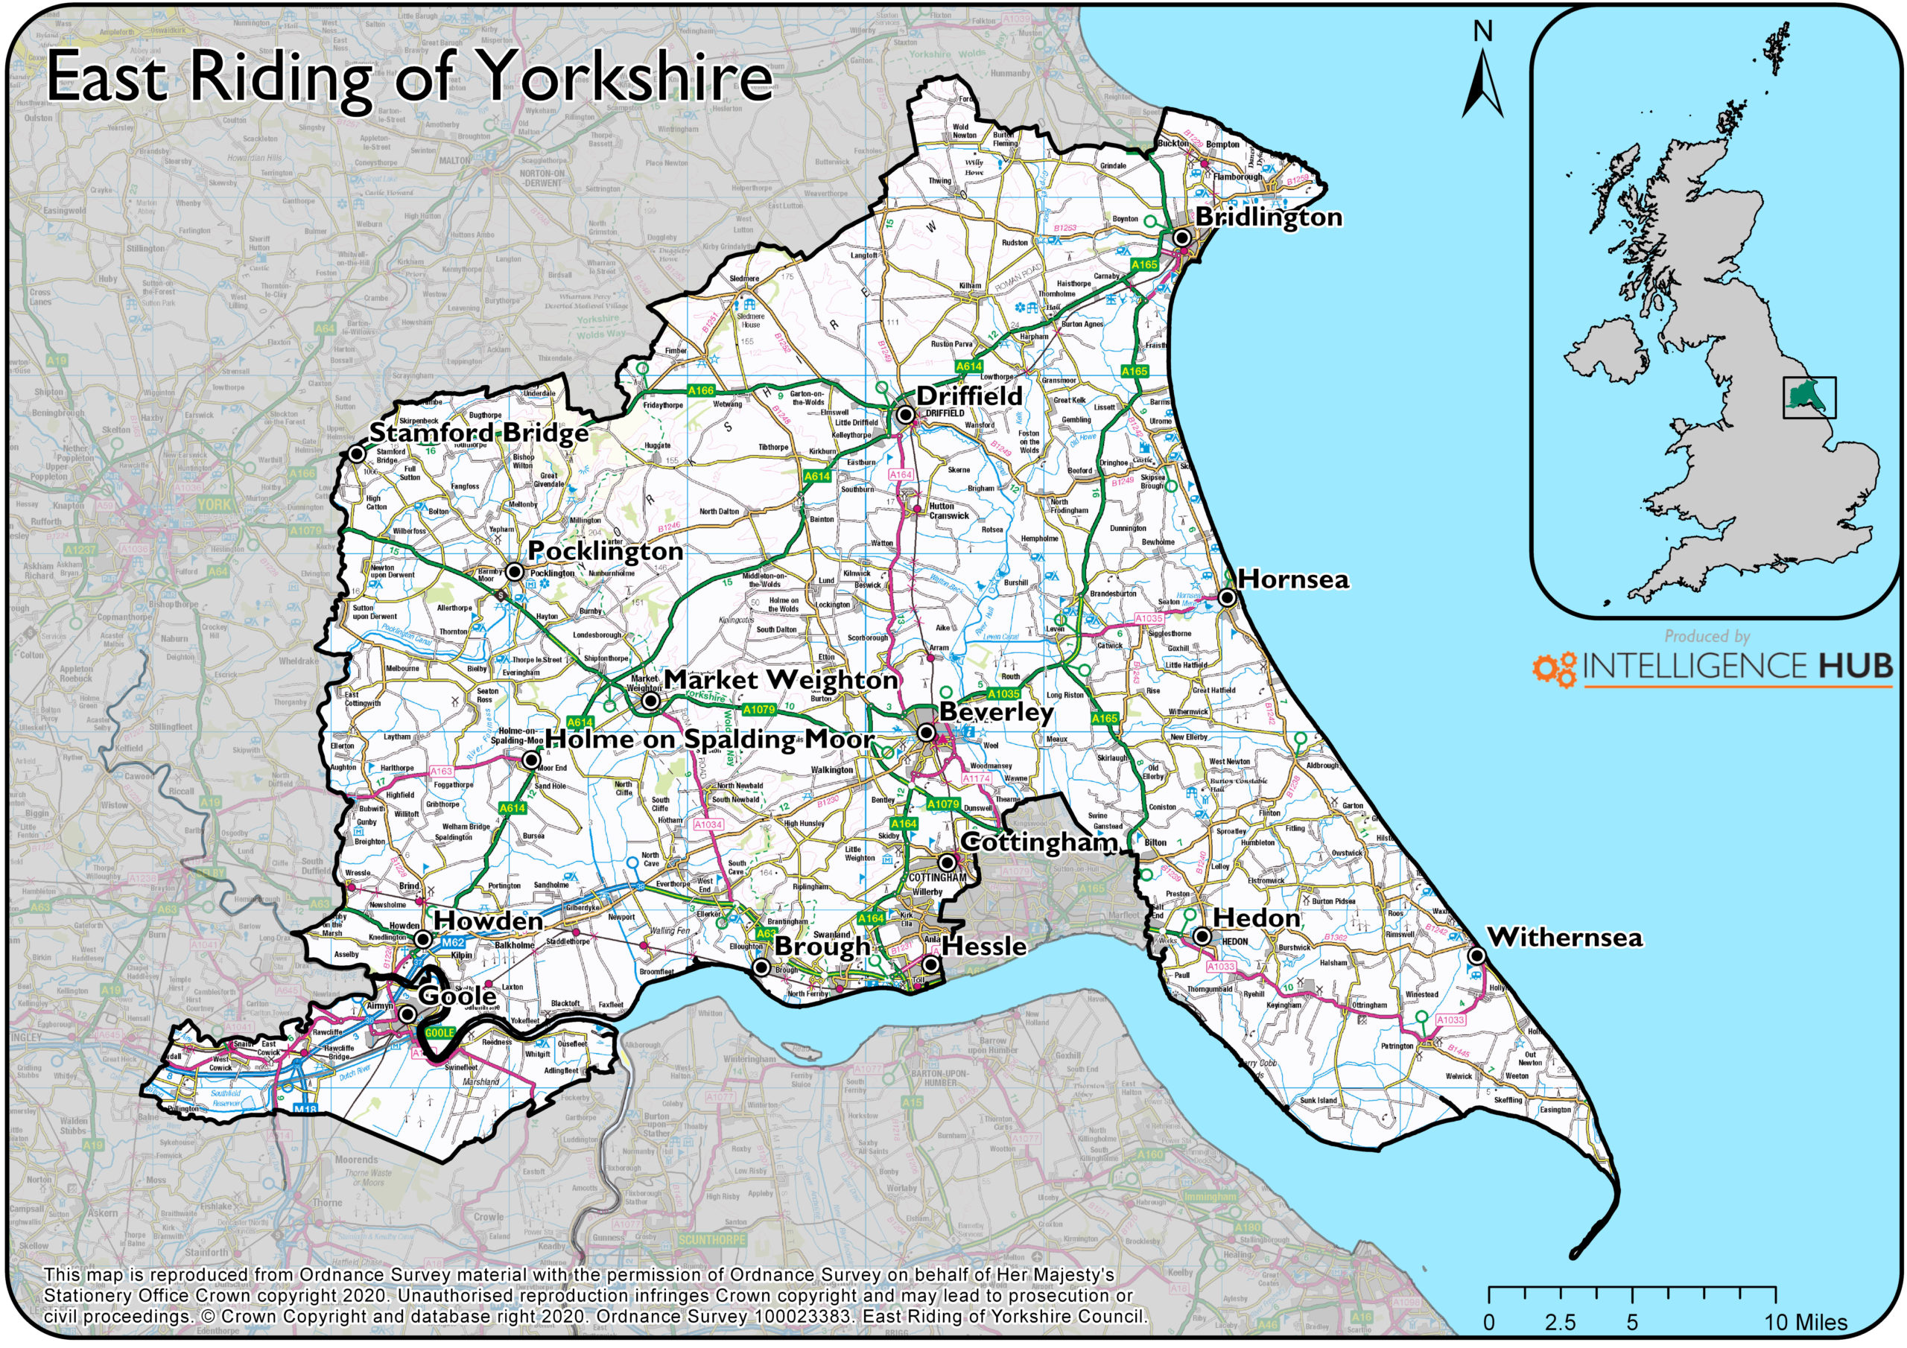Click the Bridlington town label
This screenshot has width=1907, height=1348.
click(x=1269, y=217)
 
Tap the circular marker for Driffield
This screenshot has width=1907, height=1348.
click(x=905, y=413)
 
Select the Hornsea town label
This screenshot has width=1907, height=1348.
click(x=1293, y=579)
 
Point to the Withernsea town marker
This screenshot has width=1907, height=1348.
click(x=1476, y=956)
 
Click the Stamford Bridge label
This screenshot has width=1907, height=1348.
click(x=478, y=433)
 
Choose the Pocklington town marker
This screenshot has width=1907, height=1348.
click(x=515, y=571)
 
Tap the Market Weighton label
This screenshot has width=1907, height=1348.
click(x=781, y=679)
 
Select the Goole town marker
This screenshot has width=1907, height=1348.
click(x=407, y=1014)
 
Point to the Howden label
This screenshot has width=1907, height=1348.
click(x=489, y=921)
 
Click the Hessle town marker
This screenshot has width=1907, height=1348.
click(x=931, y=964)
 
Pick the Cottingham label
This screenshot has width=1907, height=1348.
click(x=1038, y=842)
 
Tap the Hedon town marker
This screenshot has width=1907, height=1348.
click(x=1202, y=936)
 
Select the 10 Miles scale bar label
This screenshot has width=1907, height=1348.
click(x=1806, y=1322)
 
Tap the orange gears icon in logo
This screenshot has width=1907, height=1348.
click(x=1554, y=669)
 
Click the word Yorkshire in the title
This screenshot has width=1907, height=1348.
click(x=627, y=77)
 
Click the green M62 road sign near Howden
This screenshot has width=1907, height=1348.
click(x=453, y=943)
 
